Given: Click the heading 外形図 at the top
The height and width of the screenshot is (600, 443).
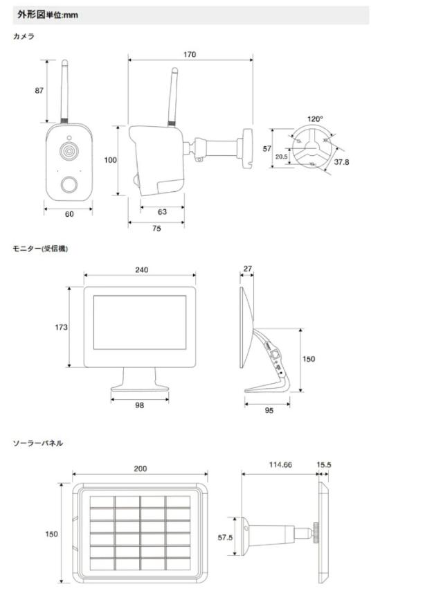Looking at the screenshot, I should point(33,15).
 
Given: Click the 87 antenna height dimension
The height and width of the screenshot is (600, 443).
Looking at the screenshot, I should point(39,90).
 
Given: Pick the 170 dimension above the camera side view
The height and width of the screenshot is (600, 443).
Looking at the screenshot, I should point(189,55).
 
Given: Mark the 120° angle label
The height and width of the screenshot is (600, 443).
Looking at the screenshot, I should point(316,119).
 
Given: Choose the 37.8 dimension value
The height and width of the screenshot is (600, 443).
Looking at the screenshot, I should point(341,163).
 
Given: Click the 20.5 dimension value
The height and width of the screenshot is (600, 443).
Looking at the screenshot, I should point(281,157).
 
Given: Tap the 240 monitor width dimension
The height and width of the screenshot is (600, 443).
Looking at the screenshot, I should point(141,270).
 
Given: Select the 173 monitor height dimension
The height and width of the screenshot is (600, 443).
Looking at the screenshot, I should point(61,327).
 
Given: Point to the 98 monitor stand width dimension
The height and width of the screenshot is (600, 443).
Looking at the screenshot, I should point(140,405).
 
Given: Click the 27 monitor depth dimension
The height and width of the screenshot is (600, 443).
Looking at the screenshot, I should point(247,268).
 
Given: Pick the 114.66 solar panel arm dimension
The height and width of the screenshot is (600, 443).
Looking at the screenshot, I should point(279,465).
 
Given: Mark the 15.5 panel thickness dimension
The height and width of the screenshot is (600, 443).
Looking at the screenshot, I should point(324,465).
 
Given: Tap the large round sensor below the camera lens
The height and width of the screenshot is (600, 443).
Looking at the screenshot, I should point(69,184).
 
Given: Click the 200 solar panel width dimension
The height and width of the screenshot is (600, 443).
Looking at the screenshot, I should point(141,469).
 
